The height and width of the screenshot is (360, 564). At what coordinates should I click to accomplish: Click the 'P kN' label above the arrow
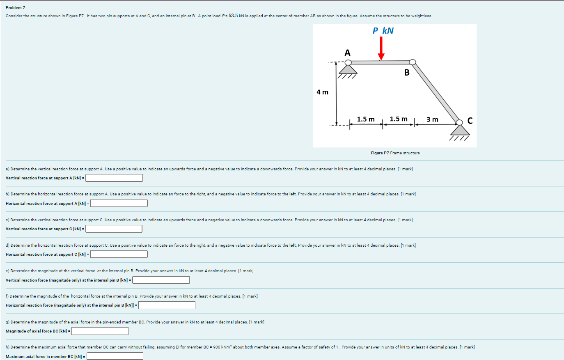383,31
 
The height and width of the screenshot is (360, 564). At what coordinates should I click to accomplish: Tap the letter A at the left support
347,53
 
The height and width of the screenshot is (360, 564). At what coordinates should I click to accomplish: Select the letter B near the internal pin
407,73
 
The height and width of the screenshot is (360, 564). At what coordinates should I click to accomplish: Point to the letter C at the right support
470,121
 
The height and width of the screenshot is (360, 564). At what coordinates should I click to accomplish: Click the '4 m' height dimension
322,92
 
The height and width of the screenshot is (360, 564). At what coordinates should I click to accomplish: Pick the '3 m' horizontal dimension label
432,119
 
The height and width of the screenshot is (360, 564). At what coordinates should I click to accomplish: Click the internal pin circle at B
413,62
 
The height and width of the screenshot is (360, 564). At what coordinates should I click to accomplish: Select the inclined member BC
436,92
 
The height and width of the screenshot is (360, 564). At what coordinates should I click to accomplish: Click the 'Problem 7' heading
15,8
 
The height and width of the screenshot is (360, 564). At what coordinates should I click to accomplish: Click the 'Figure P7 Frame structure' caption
395,153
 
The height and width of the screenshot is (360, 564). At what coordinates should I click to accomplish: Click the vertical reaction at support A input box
114,178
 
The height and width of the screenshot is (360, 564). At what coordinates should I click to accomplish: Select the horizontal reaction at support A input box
119,203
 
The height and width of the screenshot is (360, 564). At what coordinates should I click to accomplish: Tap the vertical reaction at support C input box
114,229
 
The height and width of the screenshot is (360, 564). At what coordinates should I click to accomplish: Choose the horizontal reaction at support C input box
119,255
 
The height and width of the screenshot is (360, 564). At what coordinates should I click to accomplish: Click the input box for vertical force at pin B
161,280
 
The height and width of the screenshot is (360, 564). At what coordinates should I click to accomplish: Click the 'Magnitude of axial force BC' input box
100,331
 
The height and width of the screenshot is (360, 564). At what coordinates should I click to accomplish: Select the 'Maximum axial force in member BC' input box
115,356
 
